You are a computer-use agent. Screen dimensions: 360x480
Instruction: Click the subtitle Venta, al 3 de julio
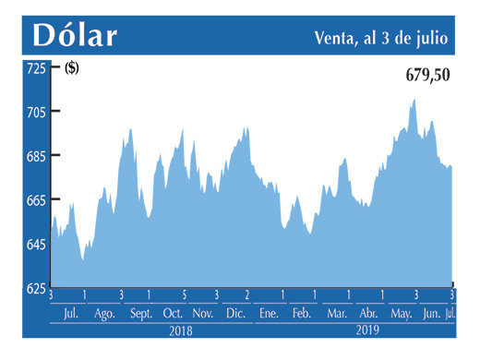[x=382, y=37]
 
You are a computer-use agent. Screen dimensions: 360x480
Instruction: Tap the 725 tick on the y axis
[x=35, y=68]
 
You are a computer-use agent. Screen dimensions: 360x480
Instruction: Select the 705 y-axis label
[x=35, y=112]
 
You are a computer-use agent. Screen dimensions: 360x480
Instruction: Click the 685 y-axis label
[x=35, y=156]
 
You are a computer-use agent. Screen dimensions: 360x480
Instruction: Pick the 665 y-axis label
[x=35, y=200]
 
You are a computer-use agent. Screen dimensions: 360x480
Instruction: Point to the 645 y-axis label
[x=35, y=245]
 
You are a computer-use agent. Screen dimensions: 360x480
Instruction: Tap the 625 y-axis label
[x=35, y=288]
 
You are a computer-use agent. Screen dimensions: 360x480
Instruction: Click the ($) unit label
[x=72, y=68]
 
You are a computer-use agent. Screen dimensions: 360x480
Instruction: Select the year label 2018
[x=181, y=330]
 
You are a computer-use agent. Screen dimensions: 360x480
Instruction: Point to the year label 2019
[x=369, y=330]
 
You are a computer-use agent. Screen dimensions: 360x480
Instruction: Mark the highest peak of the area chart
[x=414, y=99]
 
